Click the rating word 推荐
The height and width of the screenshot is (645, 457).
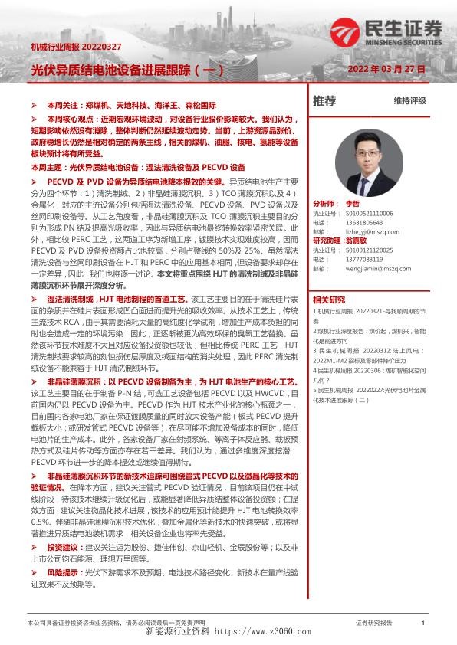325,100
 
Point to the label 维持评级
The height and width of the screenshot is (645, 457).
409,101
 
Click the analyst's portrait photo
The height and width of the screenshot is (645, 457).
371,158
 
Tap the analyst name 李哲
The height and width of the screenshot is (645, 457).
353,204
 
